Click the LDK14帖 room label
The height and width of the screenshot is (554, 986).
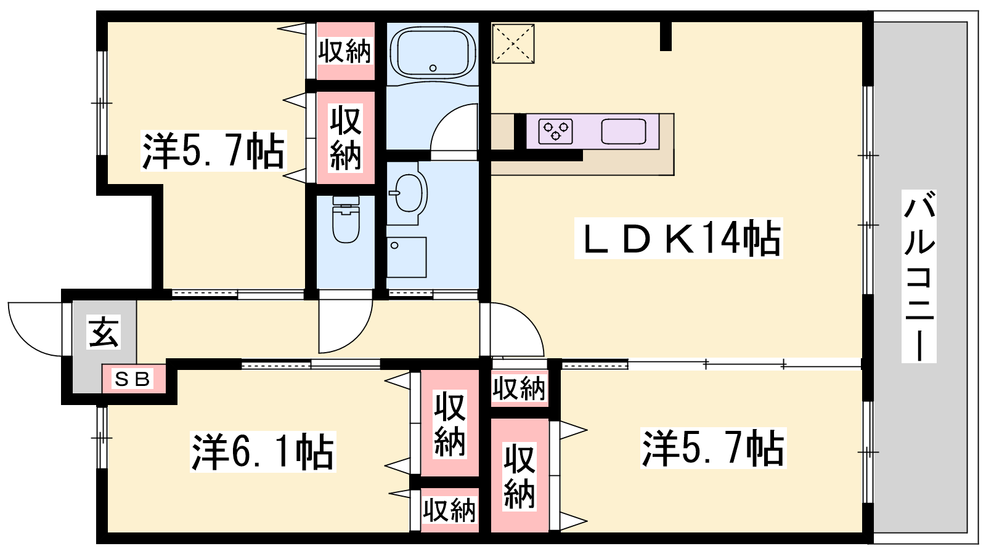tap(678, 238)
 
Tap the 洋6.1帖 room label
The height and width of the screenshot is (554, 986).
tap(263, 452)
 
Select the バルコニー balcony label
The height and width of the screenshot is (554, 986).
tap(919, 276)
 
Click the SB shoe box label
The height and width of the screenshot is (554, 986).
tap(132, 379)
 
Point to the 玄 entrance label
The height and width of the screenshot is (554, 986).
tap(104, 332)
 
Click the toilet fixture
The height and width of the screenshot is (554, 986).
tap(346, 219)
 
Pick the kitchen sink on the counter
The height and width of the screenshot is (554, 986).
tap(623, 131)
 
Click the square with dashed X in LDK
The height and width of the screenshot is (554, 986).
tap(513, 44)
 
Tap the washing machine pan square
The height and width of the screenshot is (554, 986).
tap(407, 257)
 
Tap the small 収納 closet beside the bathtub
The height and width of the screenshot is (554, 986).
tap(345, 51)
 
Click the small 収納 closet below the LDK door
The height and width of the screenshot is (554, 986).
tap(519, 388)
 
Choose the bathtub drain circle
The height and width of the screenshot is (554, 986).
tap(433, 68)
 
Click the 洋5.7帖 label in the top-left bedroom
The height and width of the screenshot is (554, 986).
tap(213, 151)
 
